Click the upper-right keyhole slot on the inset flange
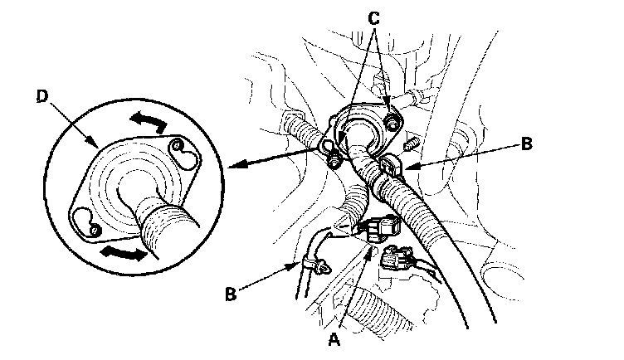(176, 150)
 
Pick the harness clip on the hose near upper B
(388, 170)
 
